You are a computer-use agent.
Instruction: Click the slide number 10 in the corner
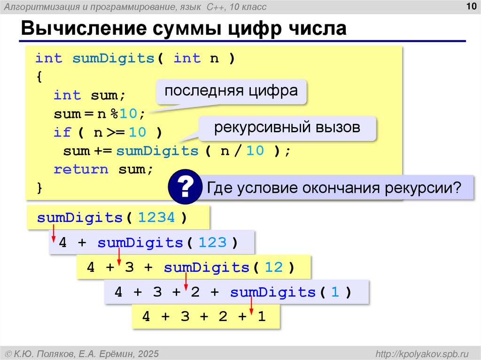[x=470, y=6]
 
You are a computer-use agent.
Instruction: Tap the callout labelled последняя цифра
[x=231, y=91]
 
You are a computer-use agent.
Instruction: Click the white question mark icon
[x=186, y=188]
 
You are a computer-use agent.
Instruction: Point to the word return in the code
[x=81, y=169]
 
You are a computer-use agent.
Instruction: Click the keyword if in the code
[x=62, y=132]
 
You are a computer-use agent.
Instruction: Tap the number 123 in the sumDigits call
[x=212, y=243]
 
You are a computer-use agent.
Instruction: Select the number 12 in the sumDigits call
[x=274, y=268]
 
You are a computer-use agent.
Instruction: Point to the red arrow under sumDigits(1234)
[x=53, y=233]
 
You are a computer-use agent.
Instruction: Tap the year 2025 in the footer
[x=148, y=353]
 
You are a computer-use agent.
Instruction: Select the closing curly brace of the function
[x=39, y=188]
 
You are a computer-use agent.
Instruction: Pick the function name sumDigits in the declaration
[x=113, y=59]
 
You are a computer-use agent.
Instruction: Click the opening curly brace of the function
[x=39, y=77]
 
